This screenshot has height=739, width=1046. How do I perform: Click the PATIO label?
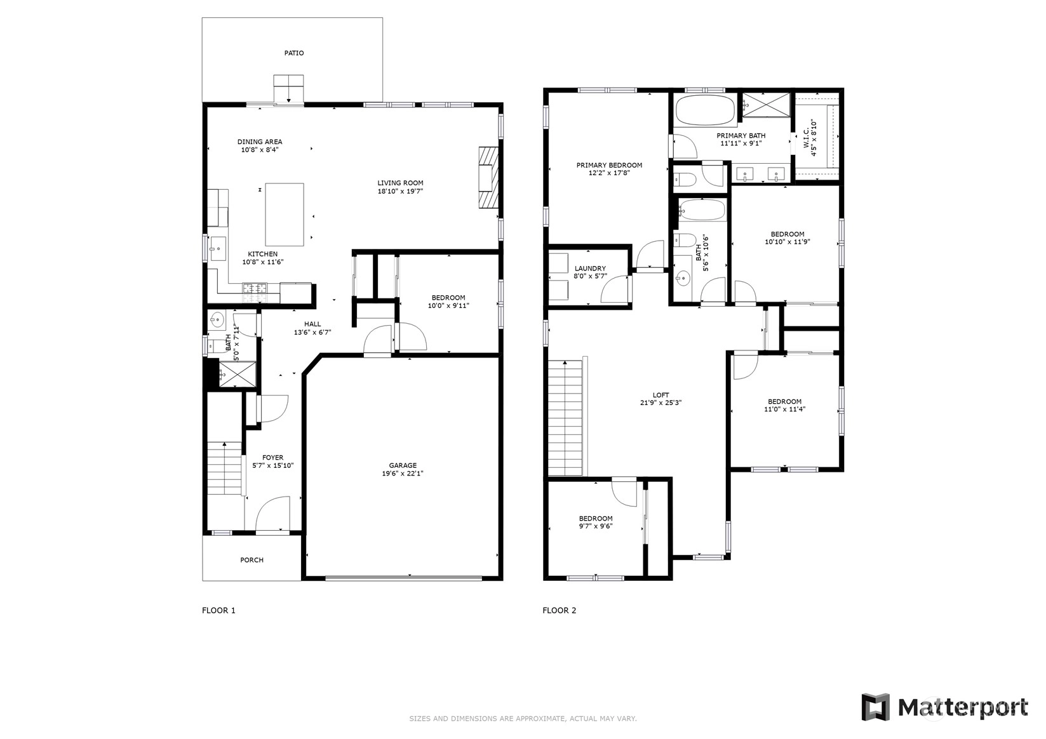(293, 53)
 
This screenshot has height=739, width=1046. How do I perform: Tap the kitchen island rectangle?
(285, 215)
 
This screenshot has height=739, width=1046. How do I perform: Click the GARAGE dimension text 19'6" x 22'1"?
(403, 474)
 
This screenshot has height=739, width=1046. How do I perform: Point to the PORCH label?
(251, 560)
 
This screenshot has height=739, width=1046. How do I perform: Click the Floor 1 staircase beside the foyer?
(225, 469)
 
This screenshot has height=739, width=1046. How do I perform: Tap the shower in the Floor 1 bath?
(238, 374)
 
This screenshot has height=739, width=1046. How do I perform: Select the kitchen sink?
(218, 248)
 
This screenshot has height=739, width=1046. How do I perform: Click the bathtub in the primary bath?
(705, 110)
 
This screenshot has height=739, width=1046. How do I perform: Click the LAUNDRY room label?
(590, 269)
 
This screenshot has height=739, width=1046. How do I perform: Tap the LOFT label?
(660, 395)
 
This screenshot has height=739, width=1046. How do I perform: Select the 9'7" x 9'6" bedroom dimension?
(595, 526)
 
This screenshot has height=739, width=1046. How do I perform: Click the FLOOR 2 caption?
(560, 610)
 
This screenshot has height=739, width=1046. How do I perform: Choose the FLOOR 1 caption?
(218, 610)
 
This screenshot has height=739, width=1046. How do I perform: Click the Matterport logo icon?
(876, 707)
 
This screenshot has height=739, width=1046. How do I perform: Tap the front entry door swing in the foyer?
(272, 514)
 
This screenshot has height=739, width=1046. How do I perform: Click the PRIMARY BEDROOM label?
(609, 165)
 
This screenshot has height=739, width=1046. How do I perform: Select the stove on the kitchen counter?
(255, 293)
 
